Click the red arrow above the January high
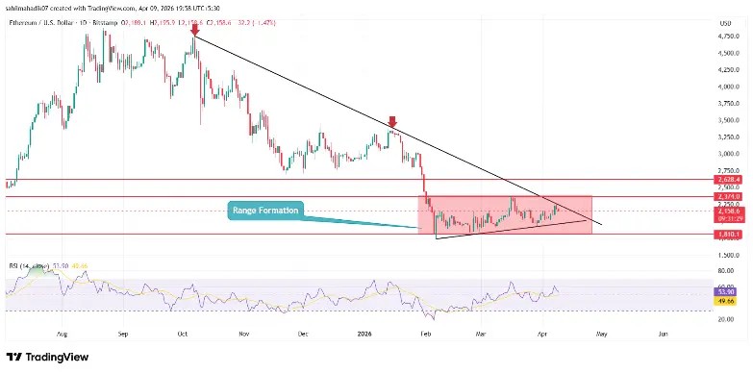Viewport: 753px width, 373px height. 392,121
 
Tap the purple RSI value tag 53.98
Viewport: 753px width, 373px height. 727,291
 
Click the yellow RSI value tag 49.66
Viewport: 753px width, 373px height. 727,300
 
